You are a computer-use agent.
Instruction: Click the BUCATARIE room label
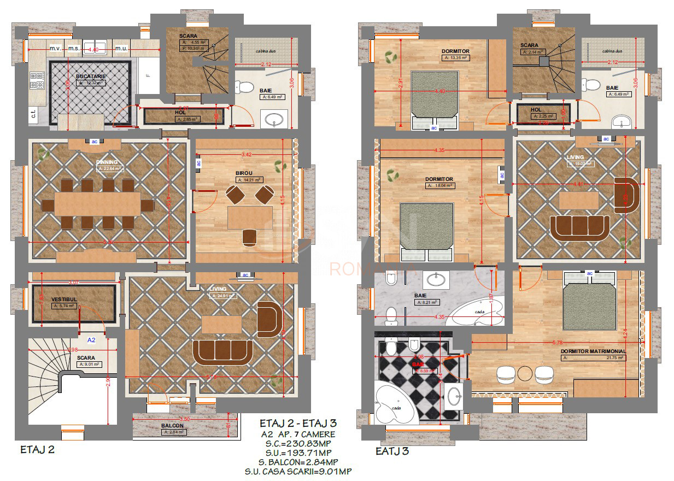tap(91, 77)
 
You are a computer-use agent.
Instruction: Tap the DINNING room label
tap(107, 162)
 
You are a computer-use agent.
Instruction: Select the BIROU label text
tap(244, 173)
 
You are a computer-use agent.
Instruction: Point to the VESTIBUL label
tap(63, 300)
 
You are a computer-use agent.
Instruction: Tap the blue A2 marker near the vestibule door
tap(92, 339)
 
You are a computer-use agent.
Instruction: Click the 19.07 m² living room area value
tap(581, 163)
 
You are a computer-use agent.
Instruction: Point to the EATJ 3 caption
tap(392, 451)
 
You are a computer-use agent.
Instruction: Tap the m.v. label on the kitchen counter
tap(55, 49)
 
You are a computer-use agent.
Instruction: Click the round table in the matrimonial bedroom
tap(525, 373)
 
